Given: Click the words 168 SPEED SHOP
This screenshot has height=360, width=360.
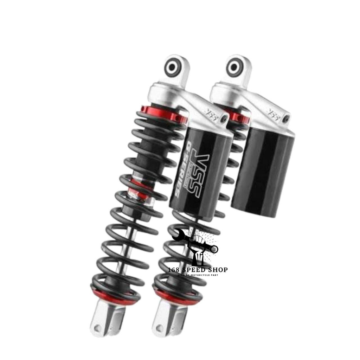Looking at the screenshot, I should [198, 270].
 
